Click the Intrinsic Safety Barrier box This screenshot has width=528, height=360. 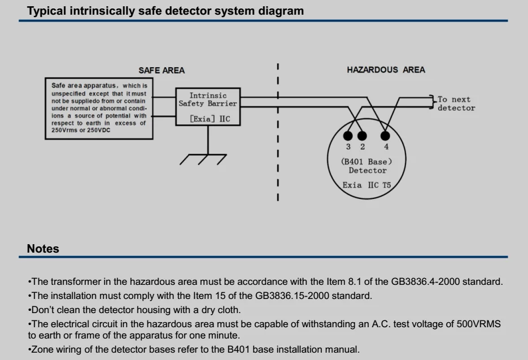coord(208,107)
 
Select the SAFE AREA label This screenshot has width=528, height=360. coord(162,70)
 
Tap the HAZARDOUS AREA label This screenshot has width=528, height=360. coord(386,70)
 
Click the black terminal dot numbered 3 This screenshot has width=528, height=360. coord(348,136)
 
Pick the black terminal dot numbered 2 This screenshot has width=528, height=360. coord(363,136)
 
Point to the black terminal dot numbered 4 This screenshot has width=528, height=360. coord(386,136)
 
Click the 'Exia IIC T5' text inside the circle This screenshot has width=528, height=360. coord(366,185)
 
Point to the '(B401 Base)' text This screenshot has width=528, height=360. coord(366,162)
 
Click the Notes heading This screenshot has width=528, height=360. coord(43,249)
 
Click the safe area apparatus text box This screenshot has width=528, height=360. coord(99,108)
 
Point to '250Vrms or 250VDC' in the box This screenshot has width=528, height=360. coord(81,130)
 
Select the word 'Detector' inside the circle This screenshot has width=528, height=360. coord(368,170)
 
